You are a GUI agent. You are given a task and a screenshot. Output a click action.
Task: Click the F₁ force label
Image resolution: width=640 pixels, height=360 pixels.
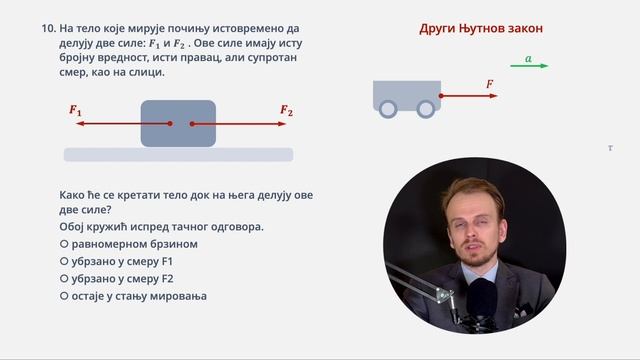(x=76, y=111)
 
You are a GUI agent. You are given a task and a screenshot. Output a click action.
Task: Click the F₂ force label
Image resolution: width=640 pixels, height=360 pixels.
(x=286, y=111)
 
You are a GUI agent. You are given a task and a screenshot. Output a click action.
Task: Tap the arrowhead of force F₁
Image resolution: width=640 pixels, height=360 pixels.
(x=79, y=124)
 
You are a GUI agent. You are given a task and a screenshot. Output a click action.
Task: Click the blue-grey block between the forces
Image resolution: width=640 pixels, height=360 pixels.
(x=178, y=124)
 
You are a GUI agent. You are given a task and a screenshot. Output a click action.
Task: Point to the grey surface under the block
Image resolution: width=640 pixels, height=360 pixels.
(x=178, y=154)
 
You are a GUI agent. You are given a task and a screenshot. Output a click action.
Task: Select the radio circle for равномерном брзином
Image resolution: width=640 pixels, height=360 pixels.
(x=65, y=244)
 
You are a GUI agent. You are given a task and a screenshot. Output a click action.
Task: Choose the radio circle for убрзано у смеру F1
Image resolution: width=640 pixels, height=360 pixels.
(x=65, y=261)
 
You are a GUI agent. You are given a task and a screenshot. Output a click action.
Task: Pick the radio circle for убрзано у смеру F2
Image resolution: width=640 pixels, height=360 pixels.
(x=65, y=279)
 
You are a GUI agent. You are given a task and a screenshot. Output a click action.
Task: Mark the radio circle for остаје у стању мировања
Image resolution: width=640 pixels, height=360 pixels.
(x=65, y=297)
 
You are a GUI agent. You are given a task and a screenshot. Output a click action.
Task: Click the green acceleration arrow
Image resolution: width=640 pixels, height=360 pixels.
(x=530, y=66)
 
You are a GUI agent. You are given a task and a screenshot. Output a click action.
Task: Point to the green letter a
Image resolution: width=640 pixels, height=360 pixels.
(x=527, y=58)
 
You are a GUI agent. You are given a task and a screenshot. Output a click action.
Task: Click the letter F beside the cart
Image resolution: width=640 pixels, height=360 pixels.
(x=490, y=86)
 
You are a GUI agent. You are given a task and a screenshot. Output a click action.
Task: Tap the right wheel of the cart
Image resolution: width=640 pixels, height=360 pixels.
(x=426, y=108)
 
